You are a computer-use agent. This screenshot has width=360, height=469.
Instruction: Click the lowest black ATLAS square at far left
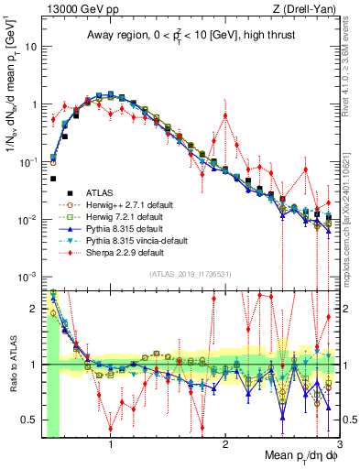click(54, 180)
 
